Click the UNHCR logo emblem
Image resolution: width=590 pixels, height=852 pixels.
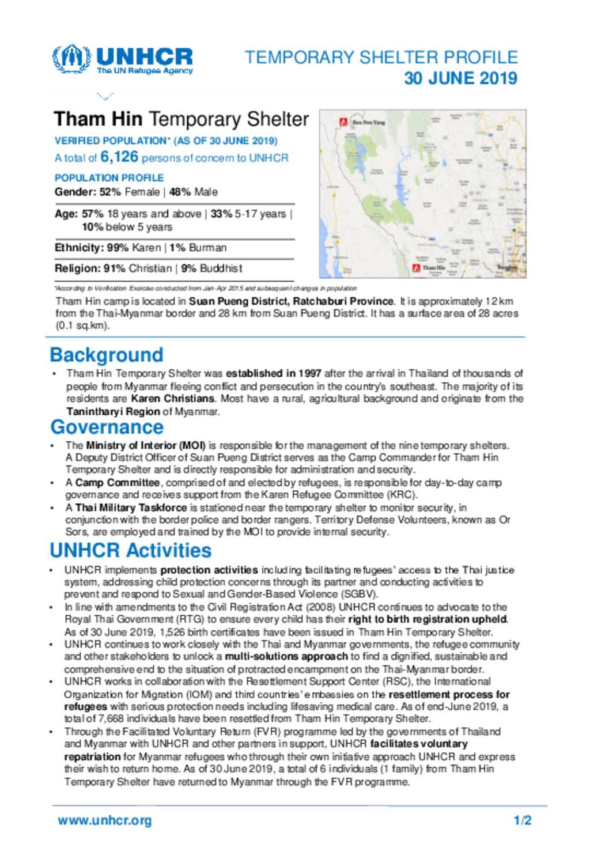[x=71, y=59]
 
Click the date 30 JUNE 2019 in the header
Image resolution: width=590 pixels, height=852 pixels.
[x=460, y=78]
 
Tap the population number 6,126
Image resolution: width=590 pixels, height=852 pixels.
[x=119, y=157]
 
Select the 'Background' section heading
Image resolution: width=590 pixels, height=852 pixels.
[x=107, y=355]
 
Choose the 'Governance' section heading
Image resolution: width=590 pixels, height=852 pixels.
[x=107, y=427]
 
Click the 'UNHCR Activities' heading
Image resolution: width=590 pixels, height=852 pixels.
[x=131, y=550]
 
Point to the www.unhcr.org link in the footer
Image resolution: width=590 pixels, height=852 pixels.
[x=105, y=820]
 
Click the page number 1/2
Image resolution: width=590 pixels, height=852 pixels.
[x=523, y=820]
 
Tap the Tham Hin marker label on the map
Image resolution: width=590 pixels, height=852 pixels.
[x=433, y=268]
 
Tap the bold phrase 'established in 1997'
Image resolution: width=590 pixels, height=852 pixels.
[x=273, y=373]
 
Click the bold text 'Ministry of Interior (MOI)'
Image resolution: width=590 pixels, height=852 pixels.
[x=146, y=445]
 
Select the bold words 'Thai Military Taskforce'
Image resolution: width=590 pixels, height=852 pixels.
[x=131, y=508]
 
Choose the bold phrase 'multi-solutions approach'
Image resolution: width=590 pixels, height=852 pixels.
[x=286, y=657]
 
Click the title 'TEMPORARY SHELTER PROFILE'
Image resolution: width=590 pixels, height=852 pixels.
[x=381, y=58]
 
